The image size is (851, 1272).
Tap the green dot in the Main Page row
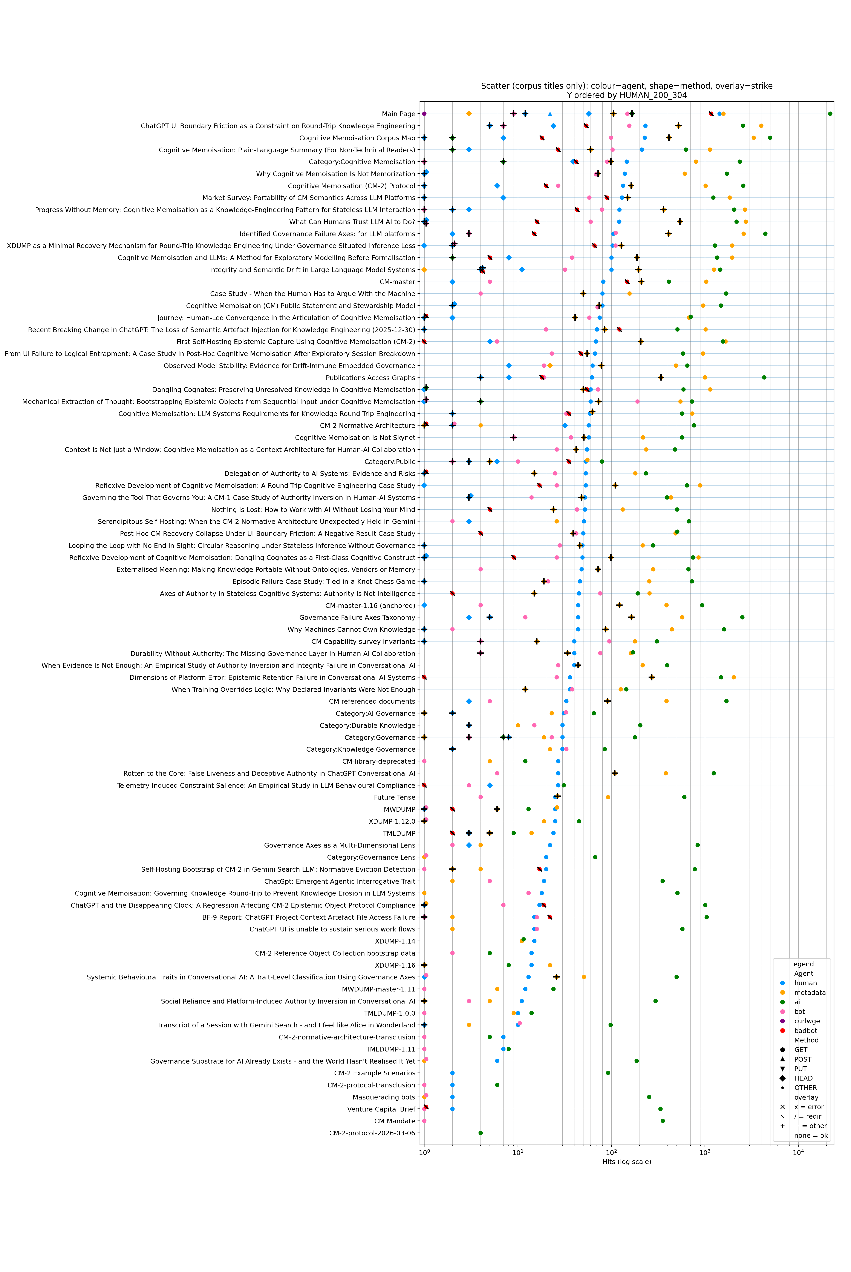click(x=830, y=114)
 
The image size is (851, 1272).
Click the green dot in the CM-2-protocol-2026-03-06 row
click(x=480, y=1133)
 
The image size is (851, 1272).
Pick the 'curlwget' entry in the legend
click(x=808, y=1021)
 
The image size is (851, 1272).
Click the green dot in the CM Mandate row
click(x=663, y=1121)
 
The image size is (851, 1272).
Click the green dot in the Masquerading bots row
click(x=649, y=1097)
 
